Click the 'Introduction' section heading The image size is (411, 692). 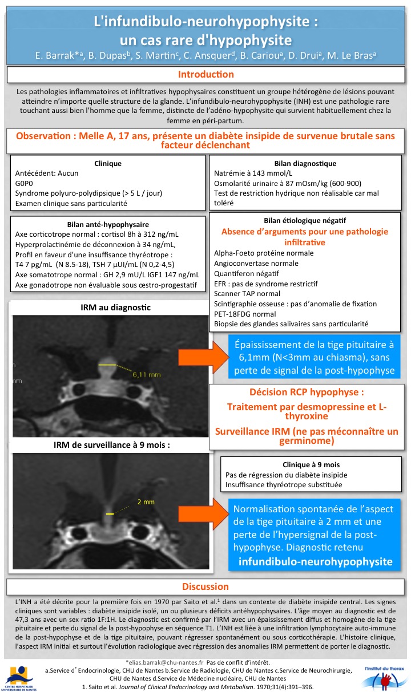click(x=205, y=75)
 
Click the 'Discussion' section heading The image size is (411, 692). click(x=205, y=586)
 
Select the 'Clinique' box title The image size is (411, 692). click(x=108, y=163)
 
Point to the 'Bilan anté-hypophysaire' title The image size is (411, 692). click(x=107, y=224)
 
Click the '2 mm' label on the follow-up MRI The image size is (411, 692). click(x=143, y=502)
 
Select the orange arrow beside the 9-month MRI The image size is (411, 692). click(x=203, y=515)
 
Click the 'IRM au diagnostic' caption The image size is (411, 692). click(x=116, y=308)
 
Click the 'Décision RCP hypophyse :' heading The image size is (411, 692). click(x=307, y=393)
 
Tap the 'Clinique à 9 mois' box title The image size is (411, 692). click(x=311, y=464)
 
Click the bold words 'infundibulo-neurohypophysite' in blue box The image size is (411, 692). click(x=316, y=562)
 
